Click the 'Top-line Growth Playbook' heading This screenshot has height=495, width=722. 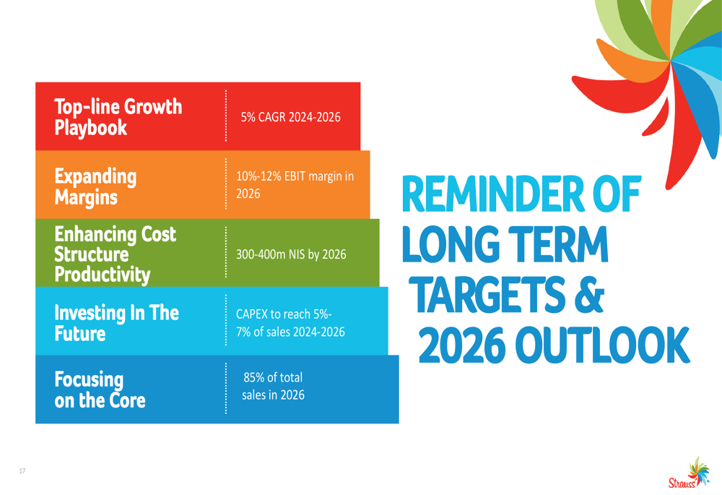(118, 117)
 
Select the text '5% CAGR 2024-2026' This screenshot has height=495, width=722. (290, 117)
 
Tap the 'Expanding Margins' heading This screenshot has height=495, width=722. (95, 186)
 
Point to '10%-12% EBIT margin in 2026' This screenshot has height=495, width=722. (295, 185)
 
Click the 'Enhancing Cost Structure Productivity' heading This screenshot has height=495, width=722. (115, 254)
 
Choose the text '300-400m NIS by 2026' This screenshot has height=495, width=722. (291, 254)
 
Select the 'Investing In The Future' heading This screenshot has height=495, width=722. (116, 323)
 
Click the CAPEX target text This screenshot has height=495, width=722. (290, 322)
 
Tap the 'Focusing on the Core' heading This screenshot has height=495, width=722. (100, 390)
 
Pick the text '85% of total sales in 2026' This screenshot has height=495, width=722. (273, 386)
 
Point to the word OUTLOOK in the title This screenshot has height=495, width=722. (602, 345)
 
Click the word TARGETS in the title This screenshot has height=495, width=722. (487, 295)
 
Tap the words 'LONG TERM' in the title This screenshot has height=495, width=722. (505, 244)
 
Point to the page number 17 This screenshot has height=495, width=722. (22, 471)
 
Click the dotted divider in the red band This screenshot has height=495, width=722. (225, 116)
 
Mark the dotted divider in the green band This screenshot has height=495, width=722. (225, 252)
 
